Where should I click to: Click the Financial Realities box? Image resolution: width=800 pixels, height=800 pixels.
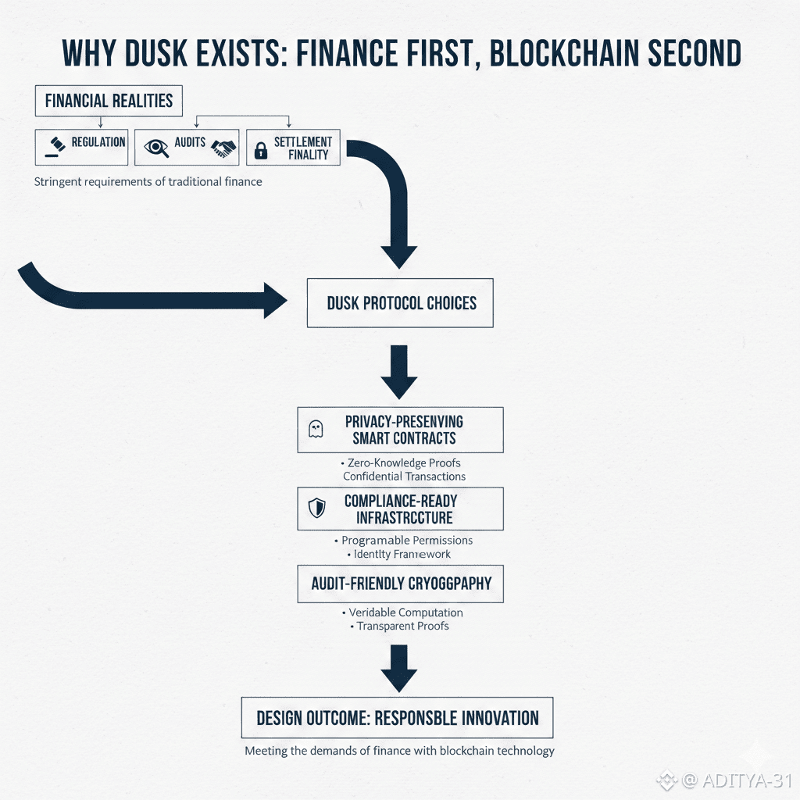[x=109, y=101]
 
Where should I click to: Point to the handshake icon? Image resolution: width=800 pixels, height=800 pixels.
[x=225, y=148]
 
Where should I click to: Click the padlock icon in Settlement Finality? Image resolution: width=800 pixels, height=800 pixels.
[x=261, y=148]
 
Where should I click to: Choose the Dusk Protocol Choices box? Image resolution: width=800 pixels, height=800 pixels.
[x=400, y=302]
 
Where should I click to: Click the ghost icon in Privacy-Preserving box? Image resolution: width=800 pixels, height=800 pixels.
[x=316, y=429]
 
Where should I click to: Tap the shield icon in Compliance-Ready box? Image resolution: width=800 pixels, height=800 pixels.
[x=316, y=509]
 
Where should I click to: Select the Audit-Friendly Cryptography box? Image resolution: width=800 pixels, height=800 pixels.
[x=400, y=583]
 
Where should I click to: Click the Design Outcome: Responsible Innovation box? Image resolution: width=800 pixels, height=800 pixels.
[x=397, y=717]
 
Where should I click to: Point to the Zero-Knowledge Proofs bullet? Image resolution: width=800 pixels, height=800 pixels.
[x=402, y=462]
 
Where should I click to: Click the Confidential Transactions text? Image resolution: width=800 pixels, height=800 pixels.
[x=404, y=476]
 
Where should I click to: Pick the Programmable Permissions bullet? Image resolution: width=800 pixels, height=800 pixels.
[x=407, y=540]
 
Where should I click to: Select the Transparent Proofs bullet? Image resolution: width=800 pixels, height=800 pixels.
[x=402, y=626]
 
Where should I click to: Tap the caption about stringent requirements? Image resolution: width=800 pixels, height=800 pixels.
[x=148, y=181]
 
